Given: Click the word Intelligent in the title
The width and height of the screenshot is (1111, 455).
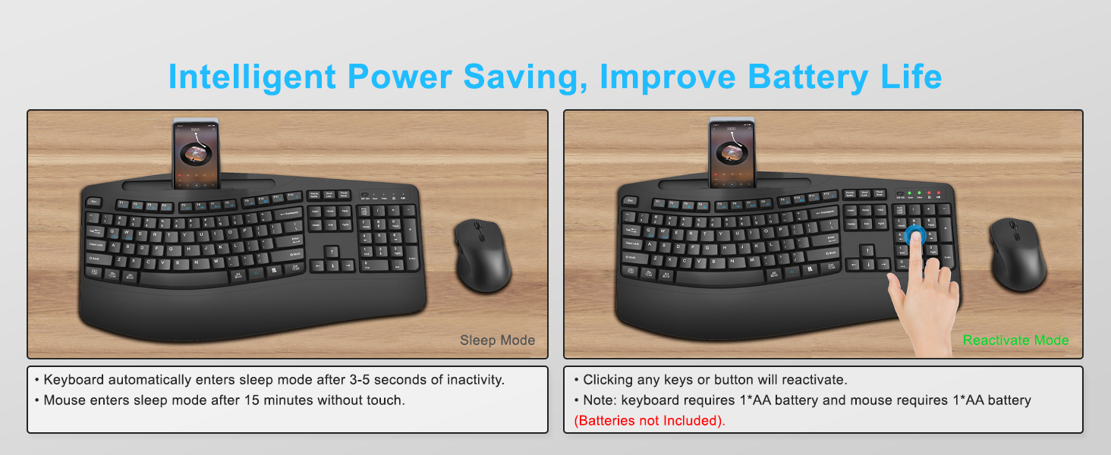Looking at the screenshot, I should [252, 77].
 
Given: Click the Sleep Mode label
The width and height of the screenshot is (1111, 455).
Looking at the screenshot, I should [497, 340].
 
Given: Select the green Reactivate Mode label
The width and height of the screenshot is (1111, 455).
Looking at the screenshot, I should [1015, 340].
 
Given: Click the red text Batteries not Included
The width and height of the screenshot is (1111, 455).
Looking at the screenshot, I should [650, 421].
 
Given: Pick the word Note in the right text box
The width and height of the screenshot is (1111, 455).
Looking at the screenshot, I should [599, 400].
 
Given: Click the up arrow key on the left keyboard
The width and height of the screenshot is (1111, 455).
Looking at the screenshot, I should [332, 251].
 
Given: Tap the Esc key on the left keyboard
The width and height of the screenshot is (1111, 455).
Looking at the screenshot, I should [95, 202].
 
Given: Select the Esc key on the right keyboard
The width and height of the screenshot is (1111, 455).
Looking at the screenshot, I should [631, 201].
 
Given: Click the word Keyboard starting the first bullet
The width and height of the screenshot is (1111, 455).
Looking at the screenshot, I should [74, 380].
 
